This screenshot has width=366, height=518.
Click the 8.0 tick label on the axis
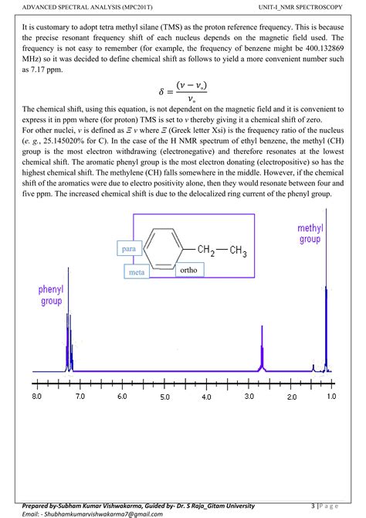(37, 397)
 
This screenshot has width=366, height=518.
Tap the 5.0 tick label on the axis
(164, 397)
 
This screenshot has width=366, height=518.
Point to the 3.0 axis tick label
(249, 397)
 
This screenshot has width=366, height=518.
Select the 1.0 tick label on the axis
(332, 397)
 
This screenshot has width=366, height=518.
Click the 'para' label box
(128, 248)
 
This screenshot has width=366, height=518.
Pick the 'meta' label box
(137, 272)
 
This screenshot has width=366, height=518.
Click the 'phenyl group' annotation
(51, 295)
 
